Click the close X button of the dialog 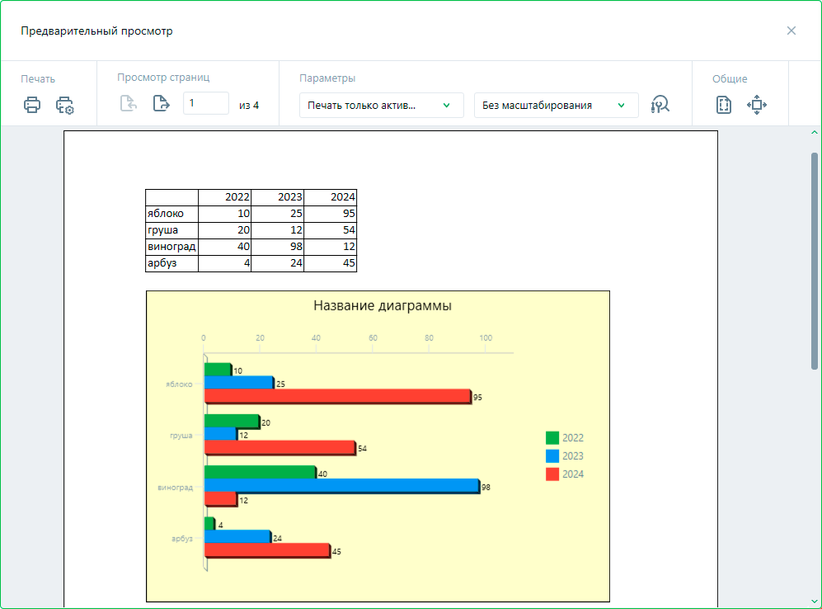(791, 31)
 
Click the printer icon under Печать (32, 105)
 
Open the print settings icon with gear (65, 106)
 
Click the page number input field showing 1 (205, 103)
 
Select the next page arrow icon (161, 104)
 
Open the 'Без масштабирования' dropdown (556, 105)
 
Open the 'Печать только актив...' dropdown (381, 105)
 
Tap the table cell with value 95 (331, 214)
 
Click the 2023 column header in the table (278, 197)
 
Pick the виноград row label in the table (171, 247)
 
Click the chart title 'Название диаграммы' (383, 306)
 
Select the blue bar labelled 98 (341, 486)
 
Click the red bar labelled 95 (337, 396)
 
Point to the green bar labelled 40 (260, 472)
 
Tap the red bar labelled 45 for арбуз (267, 550)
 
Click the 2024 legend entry (565, 474)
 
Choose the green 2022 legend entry (565, 438)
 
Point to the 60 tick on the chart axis (373, 338)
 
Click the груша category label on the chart (181, 435)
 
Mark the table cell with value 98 (278, 247)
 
